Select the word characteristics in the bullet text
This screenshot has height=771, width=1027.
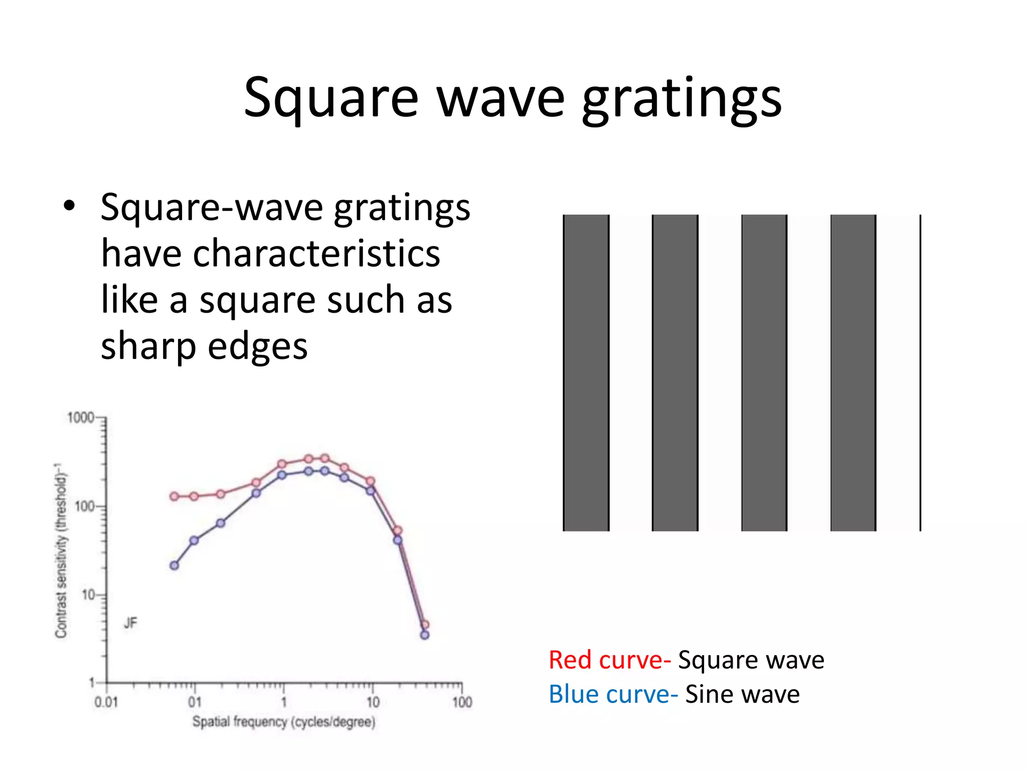(x=316, y=253)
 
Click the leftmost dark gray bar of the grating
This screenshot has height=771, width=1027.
(x=586, y=372)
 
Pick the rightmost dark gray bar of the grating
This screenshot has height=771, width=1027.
(x=853, y=372)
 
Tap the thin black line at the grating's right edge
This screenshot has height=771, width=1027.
(x=920, y=372)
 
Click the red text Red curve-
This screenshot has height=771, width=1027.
(x=609, y=660)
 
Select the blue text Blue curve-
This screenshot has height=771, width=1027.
(x=613, y=695)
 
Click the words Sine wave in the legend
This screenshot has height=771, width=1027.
(x=742, y=695)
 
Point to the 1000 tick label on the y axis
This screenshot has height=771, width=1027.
(x=80, y=418)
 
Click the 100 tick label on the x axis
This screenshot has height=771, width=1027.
(x=462, y=702)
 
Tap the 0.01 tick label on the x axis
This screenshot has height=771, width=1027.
(x=106, y=702)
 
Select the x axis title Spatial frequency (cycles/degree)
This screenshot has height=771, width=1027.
(x=284, y=722)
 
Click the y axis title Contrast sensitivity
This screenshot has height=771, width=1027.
(x=61, y=550)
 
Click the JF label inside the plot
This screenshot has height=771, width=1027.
(x=130, y=623)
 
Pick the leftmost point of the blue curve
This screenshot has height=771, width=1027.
(x=174, y=566)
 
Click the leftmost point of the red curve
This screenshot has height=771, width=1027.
(x=174, y=496)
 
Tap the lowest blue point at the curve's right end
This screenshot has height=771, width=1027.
(x=425, y=635)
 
